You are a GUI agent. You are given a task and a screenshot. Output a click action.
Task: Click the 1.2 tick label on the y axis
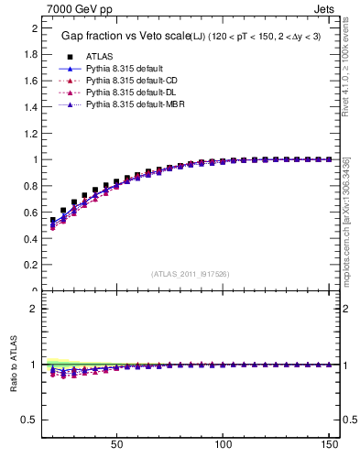coord(29,134)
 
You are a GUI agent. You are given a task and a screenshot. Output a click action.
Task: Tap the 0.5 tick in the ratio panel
coord(29,420)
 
